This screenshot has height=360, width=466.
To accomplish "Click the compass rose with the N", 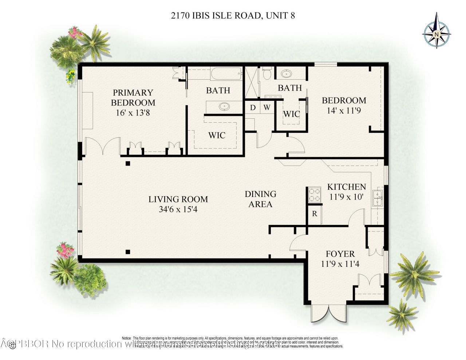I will coord(436,35).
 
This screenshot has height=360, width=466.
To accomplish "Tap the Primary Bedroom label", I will coord(133,98).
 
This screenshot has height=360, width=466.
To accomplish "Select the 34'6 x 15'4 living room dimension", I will coord(178,210).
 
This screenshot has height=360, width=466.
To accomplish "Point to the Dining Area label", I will coord(260,199).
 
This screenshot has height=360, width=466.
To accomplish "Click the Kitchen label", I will coord(347,187).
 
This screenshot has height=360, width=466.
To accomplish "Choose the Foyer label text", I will coord(340,254).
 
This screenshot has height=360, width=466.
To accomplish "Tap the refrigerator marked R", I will coord(315,214).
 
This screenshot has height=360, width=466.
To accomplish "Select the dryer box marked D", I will coord(252,107).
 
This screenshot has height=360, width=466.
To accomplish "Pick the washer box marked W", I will coord(267,107).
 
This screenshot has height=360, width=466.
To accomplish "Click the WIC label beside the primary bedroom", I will coord(217,135).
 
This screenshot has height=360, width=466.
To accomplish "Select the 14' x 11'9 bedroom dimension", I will coord(344,111).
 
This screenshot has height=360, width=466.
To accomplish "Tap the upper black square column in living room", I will coord(128,163).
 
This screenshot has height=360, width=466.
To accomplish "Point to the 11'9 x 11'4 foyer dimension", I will coord(340,264).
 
